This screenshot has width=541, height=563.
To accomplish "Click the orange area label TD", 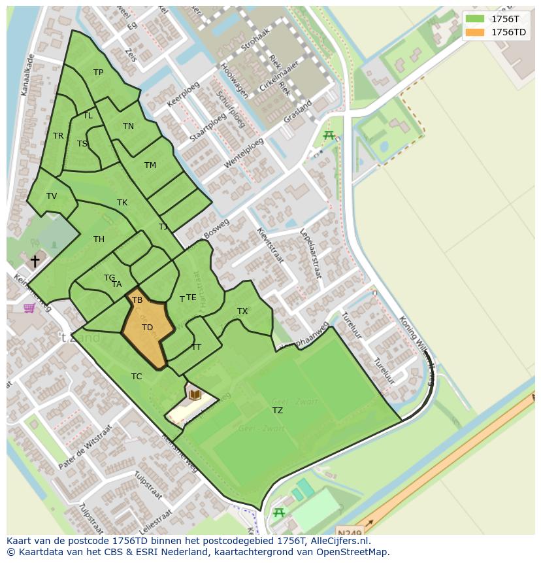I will (x=147, y=327).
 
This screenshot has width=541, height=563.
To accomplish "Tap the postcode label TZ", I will (x=278, y=410).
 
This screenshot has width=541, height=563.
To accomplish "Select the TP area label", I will (x=98, y=73).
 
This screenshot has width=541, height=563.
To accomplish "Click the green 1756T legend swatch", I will (x=475, y=19).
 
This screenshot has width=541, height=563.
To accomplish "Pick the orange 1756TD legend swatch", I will (x=475, y=32).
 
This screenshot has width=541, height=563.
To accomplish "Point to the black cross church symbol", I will (x=35, y=261).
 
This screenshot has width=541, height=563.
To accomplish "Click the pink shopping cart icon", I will (x=29, y=307).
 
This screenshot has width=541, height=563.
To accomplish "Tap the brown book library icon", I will (x=195, y=394).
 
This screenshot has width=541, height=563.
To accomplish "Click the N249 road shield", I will (x=349, y=531).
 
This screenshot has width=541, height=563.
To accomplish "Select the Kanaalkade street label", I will (x=27, y=75).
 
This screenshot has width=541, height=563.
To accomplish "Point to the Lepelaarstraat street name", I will (x=310, y=254).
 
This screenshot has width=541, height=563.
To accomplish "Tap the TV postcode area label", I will (x=52, y=196).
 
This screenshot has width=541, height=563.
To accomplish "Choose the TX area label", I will (x=242, y=311).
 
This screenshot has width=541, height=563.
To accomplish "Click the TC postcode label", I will (x=137, y=376).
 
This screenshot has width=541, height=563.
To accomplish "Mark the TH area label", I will (x=99, y=239).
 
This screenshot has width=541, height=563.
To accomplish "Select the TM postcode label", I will (x=150, y=165).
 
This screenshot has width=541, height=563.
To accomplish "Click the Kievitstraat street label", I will (x=270, y=245).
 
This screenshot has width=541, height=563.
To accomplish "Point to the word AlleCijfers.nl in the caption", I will (x=340, y=541).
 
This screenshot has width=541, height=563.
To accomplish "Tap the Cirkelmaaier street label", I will (x=279, y=76).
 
